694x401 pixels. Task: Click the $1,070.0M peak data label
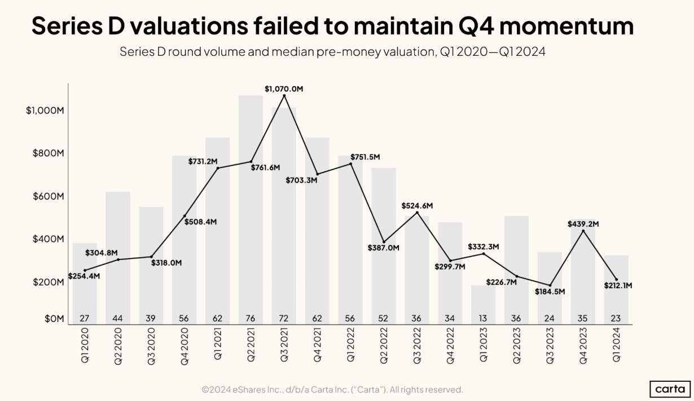click(284, 89)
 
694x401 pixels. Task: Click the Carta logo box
click(670, 389)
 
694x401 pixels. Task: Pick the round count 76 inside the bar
click(251, 318)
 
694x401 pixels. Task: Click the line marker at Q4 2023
click(583, 231)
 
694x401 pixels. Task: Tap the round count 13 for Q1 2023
click(484, 318)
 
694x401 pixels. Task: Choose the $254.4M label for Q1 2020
click(84, 276)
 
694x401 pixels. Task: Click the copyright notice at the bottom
click(332, 390)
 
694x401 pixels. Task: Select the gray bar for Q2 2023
click(516, 265)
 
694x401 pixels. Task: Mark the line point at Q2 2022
click(384, 242)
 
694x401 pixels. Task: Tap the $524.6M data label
click(417, 206)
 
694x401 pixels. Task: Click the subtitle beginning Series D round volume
click(332, 52)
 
